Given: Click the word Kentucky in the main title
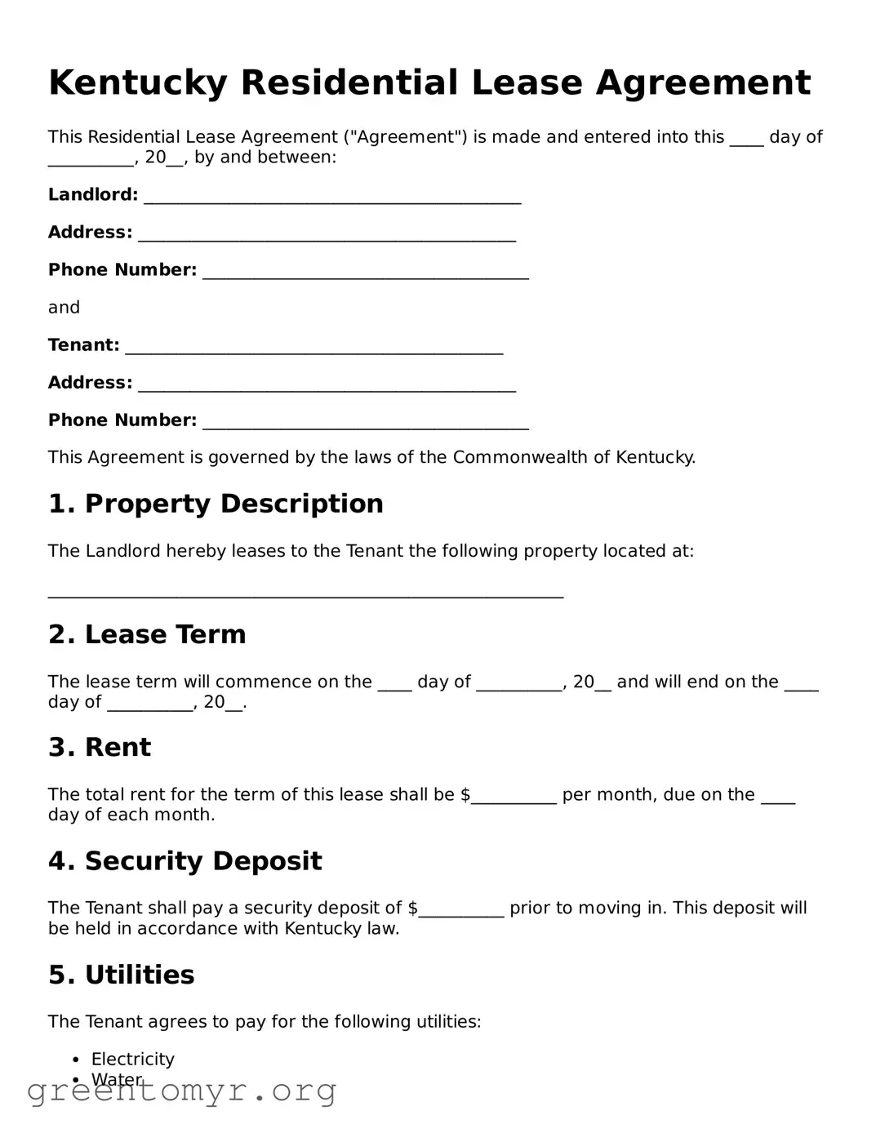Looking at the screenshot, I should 138,83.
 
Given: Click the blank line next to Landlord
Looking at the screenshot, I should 331,197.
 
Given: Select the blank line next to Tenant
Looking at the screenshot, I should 313,347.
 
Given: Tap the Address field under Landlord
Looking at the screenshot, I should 327,234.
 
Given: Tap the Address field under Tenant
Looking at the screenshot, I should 327,384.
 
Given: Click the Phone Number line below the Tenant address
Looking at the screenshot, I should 365,422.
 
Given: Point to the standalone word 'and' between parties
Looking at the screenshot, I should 64,308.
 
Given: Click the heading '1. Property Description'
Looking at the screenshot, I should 216,504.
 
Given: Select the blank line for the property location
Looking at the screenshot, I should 305,594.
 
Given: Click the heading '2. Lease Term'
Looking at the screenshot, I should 147,634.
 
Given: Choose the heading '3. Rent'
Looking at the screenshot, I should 100,747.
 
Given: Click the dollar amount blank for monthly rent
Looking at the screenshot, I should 514,797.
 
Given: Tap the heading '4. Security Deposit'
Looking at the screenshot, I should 185,860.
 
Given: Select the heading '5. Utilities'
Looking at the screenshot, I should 122,975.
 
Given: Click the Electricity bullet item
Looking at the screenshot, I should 132,1060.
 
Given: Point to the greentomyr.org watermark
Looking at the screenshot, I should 181,1091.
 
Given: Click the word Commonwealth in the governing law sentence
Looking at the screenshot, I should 520,457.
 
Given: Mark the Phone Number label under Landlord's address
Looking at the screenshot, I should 122,270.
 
